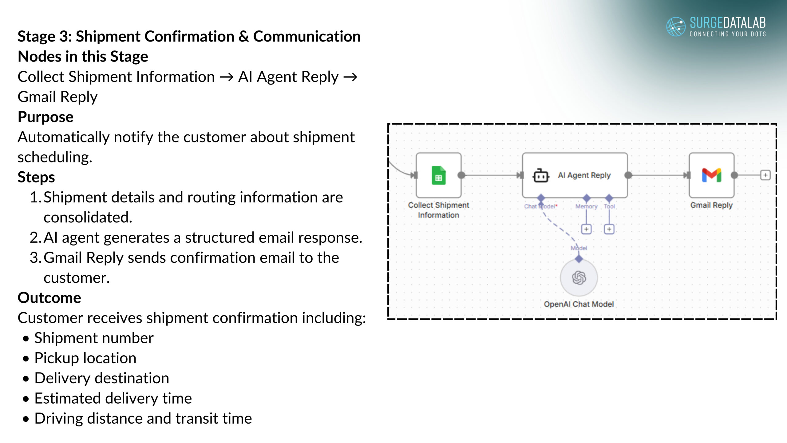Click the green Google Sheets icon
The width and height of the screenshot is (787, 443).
(439, 175)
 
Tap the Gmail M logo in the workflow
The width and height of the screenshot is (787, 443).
(711, 175)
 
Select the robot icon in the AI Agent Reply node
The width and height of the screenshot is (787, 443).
(540, 176)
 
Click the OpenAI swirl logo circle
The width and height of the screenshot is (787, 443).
(579, 278)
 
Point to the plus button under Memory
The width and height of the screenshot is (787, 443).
(586, 229)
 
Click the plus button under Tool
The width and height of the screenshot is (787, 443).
(609, 229)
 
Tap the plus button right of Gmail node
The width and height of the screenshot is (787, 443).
(765, 175)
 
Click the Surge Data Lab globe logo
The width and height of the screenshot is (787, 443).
(676, 26)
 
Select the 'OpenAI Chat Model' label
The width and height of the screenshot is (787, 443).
(579, 304)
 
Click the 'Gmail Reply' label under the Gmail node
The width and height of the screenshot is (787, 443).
(711, 205)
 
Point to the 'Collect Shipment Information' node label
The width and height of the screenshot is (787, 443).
(438, 210)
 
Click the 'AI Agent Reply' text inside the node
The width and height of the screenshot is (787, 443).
(584, 175)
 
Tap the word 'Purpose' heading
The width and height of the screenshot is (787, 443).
(45, 117)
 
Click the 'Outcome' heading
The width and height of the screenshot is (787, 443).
(49, 298)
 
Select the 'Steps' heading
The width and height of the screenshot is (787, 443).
(36, 177)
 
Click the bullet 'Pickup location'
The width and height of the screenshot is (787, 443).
(85, 358)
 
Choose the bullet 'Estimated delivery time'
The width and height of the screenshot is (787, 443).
(113, 398)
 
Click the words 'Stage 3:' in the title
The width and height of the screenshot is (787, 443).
(45, 36)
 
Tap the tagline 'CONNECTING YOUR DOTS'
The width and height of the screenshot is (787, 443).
(727, 34)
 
